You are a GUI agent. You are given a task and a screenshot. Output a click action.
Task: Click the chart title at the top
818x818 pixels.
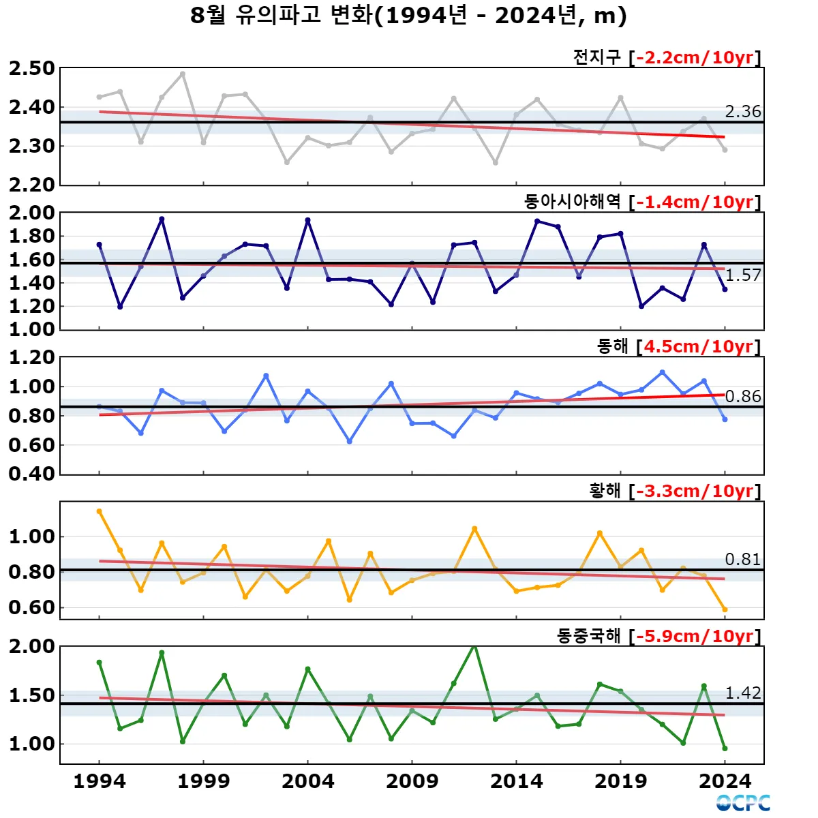tap(408, 16)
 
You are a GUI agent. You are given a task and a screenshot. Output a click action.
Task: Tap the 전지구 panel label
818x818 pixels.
tap(597, 57)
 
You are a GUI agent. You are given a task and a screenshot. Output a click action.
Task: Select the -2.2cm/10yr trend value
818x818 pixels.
tap(695, 57)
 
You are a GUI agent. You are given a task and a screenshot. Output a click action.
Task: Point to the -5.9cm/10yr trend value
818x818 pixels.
tap(695, 636)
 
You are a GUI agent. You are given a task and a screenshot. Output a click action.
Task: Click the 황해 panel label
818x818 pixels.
tap(605, 491)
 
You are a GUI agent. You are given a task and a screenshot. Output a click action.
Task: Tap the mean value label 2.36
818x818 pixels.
tap(742, 111)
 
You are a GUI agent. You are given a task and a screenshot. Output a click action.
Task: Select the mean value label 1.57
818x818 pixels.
tap(742, 275)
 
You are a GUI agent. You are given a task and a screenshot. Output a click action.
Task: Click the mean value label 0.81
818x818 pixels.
tap(742, 559)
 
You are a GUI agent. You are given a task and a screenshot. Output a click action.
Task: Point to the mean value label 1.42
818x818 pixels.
tap(742, 693)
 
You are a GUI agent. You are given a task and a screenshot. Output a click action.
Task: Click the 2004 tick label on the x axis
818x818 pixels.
tap(308, 781)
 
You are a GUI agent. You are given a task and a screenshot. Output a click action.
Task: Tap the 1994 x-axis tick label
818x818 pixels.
tap(100, 781)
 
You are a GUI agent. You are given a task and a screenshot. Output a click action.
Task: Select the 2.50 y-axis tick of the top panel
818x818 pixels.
tap(32, 68)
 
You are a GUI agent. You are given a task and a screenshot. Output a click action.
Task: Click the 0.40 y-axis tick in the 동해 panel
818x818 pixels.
tap(32, 474)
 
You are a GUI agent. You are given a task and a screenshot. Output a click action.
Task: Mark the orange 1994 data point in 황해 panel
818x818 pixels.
tap(100, 511)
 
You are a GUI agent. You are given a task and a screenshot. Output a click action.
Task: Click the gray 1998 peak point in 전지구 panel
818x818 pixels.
tap(183, 74)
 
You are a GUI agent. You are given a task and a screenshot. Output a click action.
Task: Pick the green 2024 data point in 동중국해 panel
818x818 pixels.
tap(725, 748)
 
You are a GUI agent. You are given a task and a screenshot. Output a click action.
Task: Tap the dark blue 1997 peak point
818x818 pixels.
tap(162, 219)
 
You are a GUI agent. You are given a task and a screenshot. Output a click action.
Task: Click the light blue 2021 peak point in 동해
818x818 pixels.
tap(662, 372)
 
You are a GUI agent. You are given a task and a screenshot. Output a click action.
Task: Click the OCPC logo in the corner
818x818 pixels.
tap(743, 803)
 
